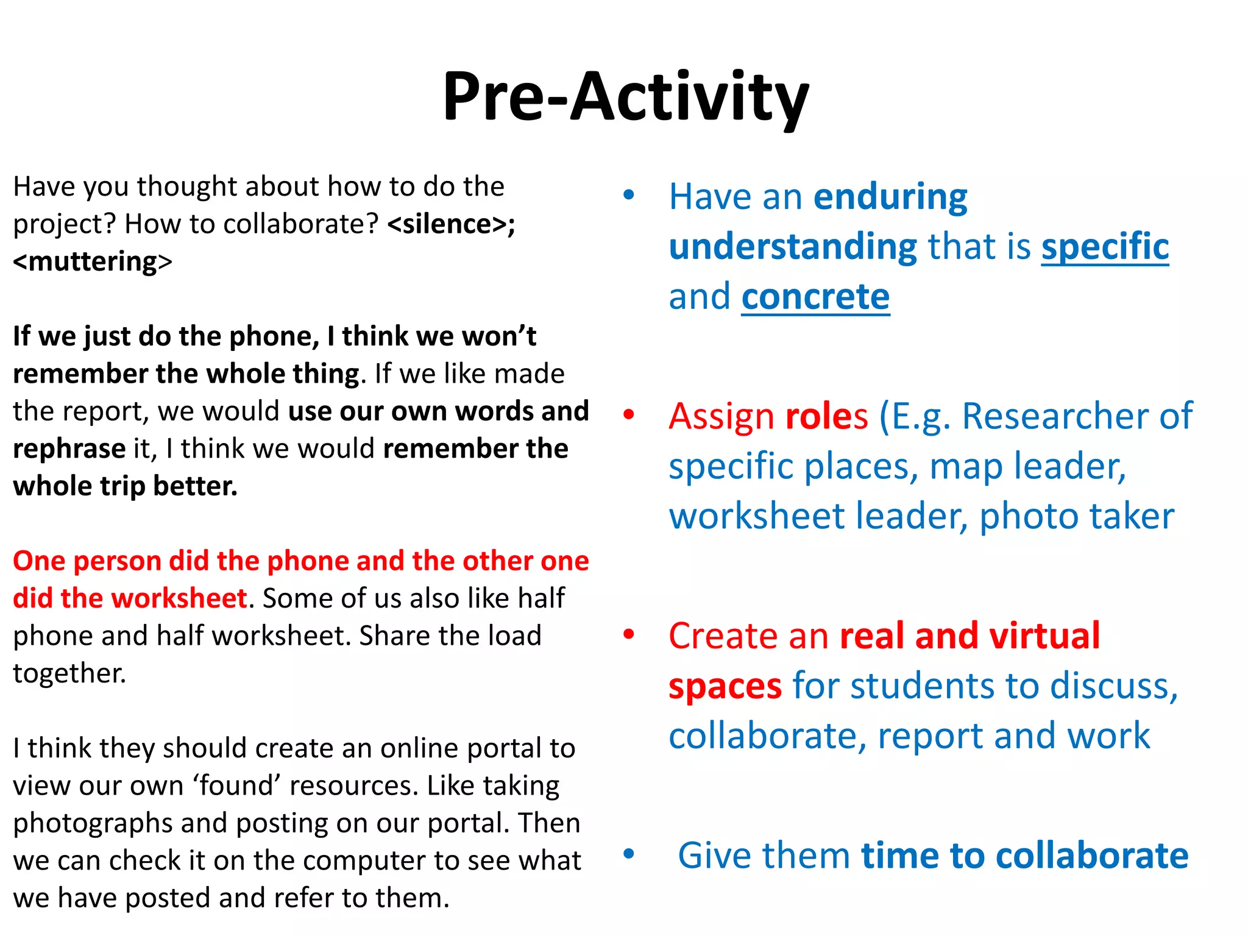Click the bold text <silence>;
click(451, 224)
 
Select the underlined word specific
click(1105, 247)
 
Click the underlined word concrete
click(815, 297)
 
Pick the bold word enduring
click(890, 197)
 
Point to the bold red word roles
click(826, 416)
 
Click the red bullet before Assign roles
click(629, 415)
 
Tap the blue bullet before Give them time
click(629, 854)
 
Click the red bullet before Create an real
click(629, 634)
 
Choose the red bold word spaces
click(725, 686)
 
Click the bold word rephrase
click(69, 449)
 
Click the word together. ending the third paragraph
click(69, 673)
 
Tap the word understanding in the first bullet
click(792, 247)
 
